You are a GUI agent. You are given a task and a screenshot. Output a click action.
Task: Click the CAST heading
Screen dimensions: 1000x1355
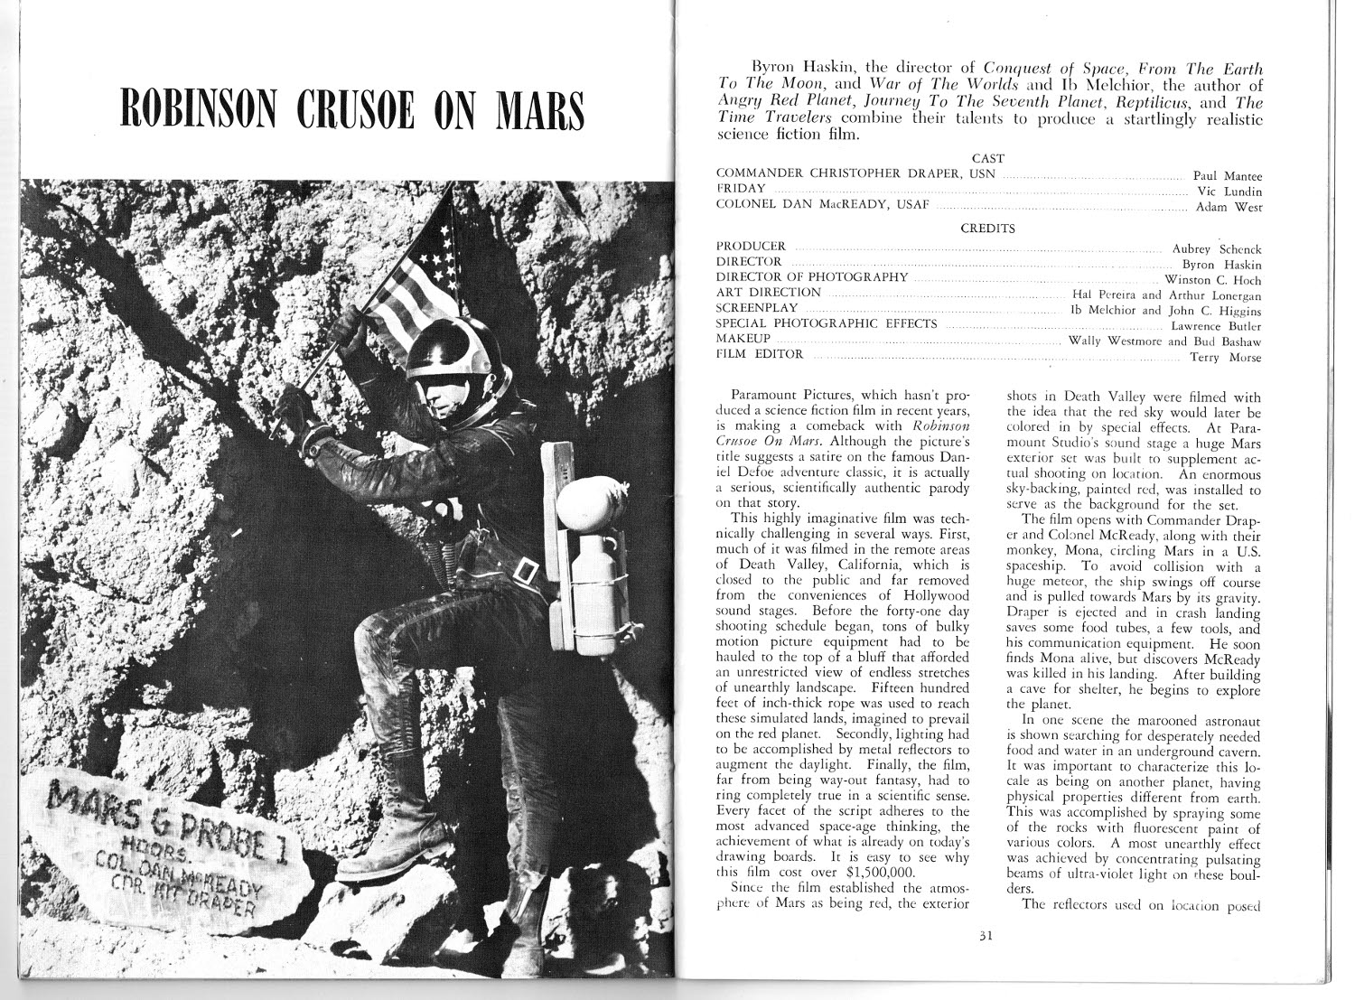987,158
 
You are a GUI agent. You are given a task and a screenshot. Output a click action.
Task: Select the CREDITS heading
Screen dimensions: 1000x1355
987,229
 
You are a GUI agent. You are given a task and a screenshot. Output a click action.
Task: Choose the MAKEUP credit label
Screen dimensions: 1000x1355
743,339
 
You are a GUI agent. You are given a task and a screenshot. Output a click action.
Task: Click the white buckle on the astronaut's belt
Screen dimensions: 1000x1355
526,571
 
